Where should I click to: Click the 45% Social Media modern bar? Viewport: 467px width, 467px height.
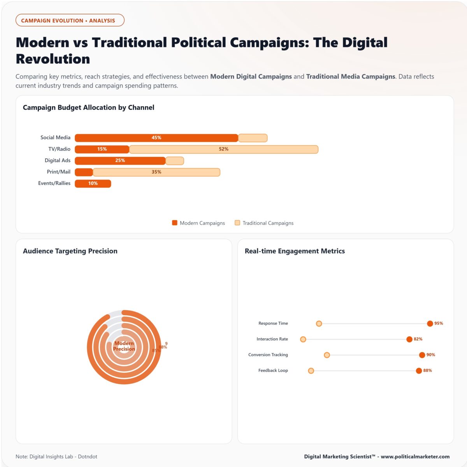click(156, 138)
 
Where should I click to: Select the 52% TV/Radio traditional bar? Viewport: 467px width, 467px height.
click(223, 149)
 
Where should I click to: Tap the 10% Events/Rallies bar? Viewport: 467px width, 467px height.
click(93, 183)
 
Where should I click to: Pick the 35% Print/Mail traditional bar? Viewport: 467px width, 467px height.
click(156, 172)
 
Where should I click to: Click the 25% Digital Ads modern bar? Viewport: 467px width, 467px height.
click(120, 160)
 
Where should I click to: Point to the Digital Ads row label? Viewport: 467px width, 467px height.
click(57, 160)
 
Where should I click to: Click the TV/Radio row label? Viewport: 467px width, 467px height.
click(59, 149)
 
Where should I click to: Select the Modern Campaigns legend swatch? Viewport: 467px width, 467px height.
click(175, 223)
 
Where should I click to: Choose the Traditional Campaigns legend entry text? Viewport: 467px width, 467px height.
click(268, 223)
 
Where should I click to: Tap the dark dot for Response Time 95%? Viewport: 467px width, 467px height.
click(430, 323)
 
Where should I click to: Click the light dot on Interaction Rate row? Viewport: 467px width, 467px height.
click(303, 339)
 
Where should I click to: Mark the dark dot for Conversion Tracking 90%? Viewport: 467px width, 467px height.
click(422, 355)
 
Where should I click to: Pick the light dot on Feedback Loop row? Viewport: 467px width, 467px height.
click(311, 370)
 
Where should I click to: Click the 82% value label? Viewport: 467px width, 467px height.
click(418, 339)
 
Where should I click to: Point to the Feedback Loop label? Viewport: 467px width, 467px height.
click(273, 370)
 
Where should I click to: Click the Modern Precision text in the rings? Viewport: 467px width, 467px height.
click(124, 346)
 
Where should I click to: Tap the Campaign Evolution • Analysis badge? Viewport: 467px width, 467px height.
click(70, 20)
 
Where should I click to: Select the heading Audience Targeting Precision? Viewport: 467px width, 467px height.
click(70, 251)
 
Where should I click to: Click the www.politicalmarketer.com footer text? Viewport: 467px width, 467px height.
click(415, 456)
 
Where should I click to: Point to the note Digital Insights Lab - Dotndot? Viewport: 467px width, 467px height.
click(56, 456)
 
